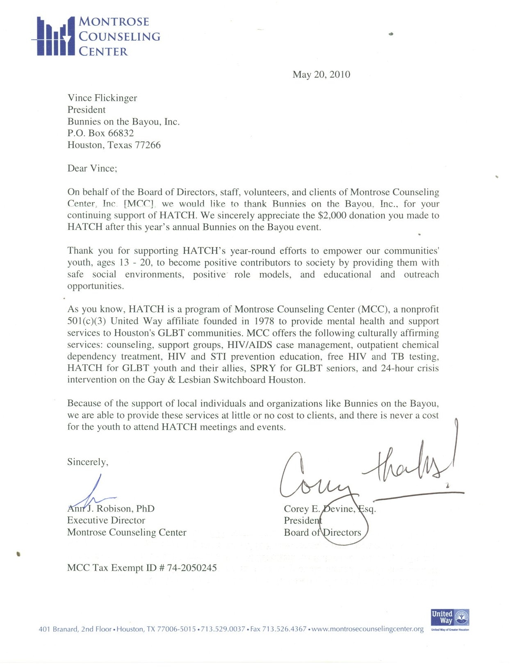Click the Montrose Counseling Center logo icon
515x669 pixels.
[x=55, y=36]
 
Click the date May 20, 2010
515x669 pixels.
[x=321, y=75]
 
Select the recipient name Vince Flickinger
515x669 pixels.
[x=102, y=98]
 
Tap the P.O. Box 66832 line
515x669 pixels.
[x=100, y=133]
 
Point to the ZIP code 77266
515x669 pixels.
[x=148, y=145]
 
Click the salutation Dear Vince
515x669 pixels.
[x=92, y=168]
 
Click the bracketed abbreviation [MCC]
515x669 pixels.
[x=139, y=204]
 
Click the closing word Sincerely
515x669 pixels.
[x=87, y=462]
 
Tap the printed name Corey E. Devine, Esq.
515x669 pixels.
[x=330, y=509]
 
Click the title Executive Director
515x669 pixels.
[x=106, y=521]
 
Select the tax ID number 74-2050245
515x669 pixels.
[x=192, y=568]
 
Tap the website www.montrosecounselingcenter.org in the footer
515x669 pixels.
[x=367, y=629]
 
